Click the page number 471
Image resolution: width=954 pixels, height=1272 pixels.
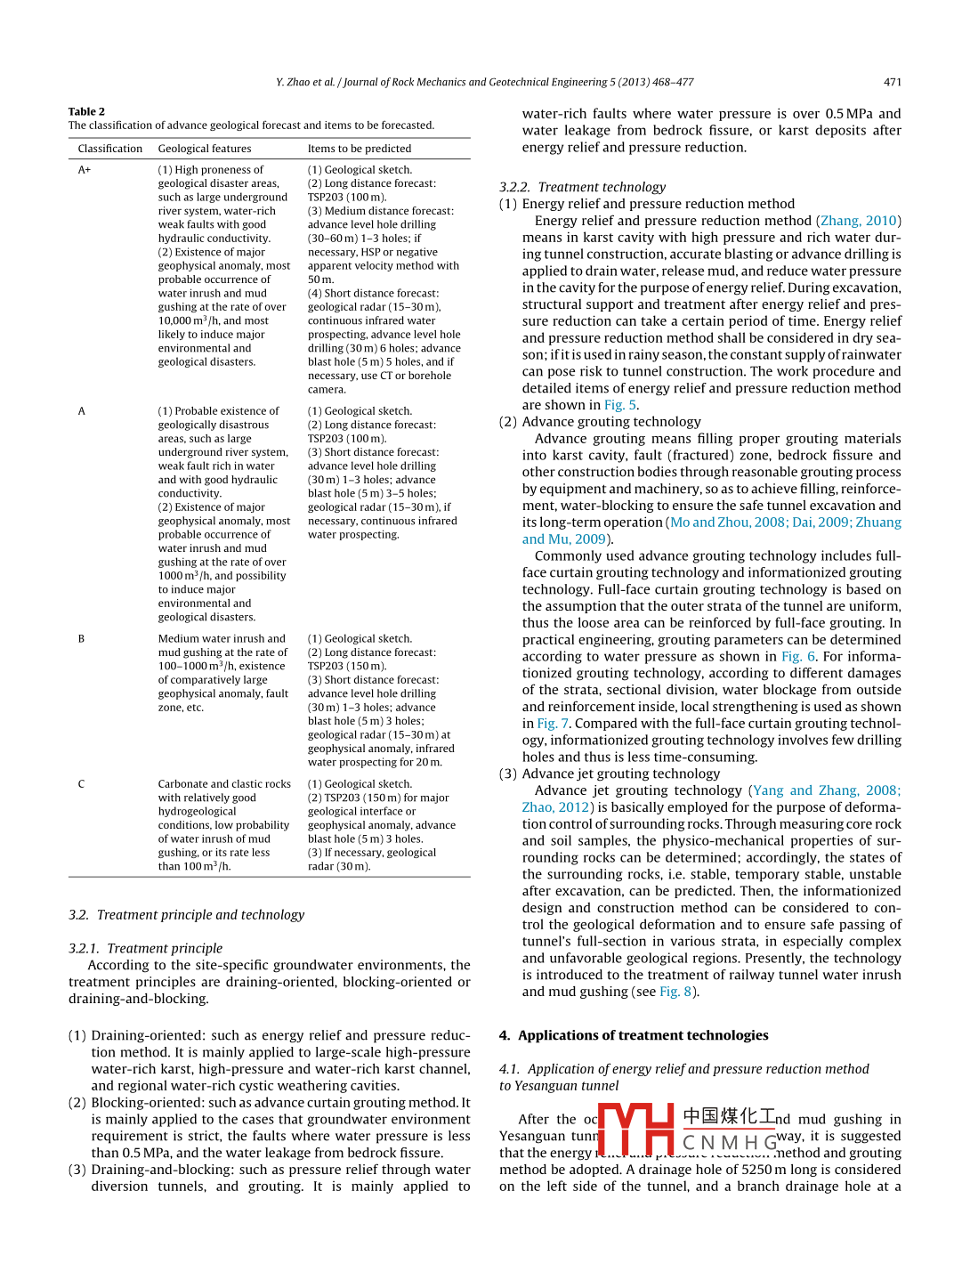pyautogui.click(x=892, y=82)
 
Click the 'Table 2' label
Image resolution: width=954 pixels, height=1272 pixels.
pyautogui.click(x=86, y=111)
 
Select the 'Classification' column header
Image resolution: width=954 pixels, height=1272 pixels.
pyautogui.click(x=109, y=149)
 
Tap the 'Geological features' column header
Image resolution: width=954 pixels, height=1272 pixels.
pyautogui.click(x=205, y=149)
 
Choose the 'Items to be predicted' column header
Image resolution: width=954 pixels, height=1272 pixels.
pyautogui.click(x=360, y=149)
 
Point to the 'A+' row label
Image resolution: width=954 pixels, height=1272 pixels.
pyautogui.click(x=85, y=170)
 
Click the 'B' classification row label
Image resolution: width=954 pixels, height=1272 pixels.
pyautogui.click(x=81, y=639)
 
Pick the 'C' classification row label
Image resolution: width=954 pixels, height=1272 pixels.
pyautogui.click(x=81, y=784)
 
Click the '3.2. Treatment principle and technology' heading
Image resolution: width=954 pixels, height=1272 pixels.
pyautogui.click(x=186, y=915)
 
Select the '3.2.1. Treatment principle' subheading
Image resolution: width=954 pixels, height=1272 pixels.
pyautogui.click(x=145, y=949)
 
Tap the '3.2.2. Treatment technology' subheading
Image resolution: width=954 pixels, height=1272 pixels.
pyautogui.click(x=582, y=187)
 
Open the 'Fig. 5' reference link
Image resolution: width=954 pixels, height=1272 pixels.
pyautogui.click(x=620, y=405)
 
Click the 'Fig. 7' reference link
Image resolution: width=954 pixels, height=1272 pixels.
pyautogui.click(x=553, y=724)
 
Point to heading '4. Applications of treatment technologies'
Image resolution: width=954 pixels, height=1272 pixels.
pyautogui.click(x=634, y=1035)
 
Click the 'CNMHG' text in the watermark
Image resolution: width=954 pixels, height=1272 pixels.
pyautogui.click(x=730, y=1142)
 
